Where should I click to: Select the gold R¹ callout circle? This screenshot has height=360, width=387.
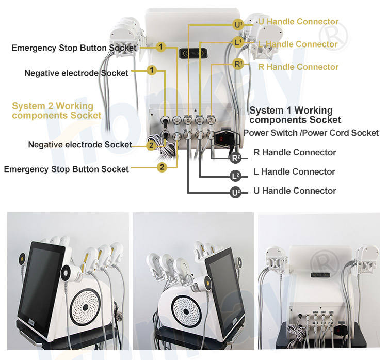click(x=238, y=65)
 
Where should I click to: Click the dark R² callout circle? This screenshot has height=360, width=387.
click(x=236, y=158)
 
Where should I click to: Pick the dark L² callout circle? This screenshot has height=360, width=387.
click(x=235, y=176)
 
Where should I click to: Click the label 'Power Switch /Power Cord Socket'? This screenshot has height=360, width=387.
click(x=311, y=133)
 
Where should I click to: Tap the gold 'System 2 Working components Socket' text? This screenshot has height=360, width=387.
click(x=56, y=111)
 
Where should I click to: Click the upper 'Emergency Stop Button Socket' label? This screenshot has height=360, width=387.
click(x=74, y=48)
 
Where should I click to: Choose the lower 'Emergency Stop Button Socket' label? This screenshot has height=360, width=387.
click(x=66, y=169)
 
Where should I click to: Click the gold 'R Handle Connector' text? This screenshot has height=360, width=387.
click(x=298, y=67)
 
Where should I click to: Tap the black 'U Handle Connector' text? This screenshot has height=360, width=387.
click(x=295, y=191)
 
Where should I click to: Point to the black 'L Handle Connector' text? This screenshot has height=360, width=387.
click(x=294, y=171)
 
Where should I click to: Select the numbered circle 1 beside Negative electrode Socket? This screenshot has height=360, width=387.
click(x=151, y=69)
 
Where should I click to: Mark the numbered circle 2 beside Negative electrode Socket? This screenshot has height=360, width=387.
click(x=151, y=145)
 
